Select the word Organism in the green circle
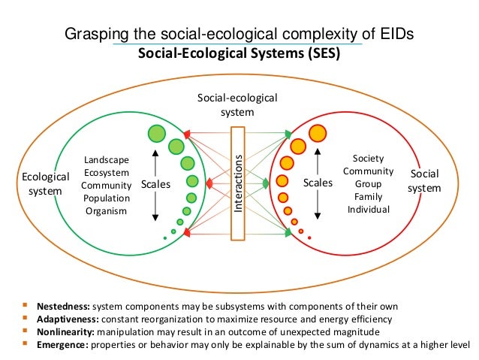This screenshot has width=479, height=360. tap(106, 211)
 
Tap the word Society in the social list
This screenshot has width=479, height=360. tap(368, 158)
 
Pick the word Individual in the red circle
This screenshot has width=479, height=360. tap(368, 209)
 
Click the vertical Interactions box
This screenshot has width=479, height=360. tap(238, 183)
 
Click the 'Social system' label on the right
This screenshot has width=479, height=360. tap(424, 181)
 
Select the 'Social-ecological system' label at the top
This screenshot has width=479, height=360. tap(237, 105)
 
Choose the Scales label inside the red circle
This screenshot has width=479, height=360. tap(317, 183)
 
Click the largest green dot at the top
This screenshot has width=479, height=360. tap(156, 133)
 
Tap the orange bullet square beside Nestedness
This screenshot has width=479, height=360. tap(26, 306)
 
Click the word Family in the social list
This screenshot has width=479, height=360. tap(368, 196)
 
